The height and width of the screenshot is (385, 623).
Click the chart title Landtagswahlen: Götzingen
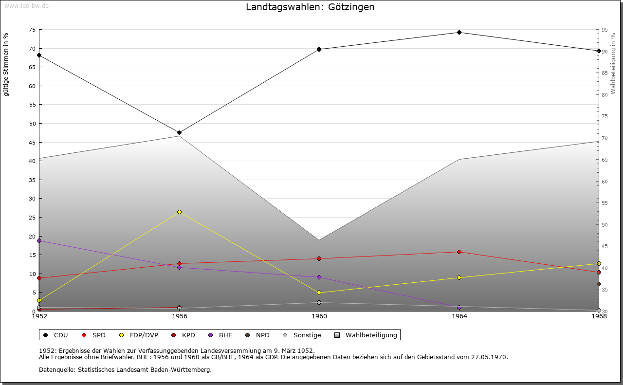pos(310,7)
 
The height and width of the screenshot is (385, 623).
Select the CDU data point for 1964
pos(459,33)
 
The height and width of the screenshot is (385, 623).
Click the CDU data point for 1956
pos(179,132)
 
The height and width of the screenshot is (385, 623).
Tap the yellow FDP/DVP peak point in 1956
pos(179,212)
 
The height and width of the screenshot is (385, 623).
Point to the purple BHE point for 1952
pos(39,240)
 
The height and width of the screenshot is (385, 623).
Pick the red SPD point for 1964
pos(459,252)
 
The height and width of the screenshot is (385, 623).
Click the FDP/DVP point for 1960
pos(319,293)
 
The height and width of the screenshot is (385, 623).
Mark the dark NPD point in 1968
pos(599,284)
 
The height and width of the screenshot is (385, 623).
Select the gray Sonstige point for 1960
pos(319,303)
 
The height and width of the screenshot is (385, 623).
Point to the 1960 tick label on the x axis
pos(319,316)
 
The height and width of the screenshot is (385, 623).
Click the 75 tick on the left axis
pos(32,30)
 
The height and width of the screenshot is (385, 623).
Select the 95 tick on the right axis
pos(605,30)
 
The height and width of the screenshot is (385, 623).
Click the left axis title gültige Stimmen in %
pos(6,65)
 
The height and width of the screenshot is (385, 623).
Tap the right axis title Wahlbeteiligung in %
pos(613,64)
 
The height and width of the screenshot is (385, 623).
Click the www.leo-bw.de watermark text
pos(26,5)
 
